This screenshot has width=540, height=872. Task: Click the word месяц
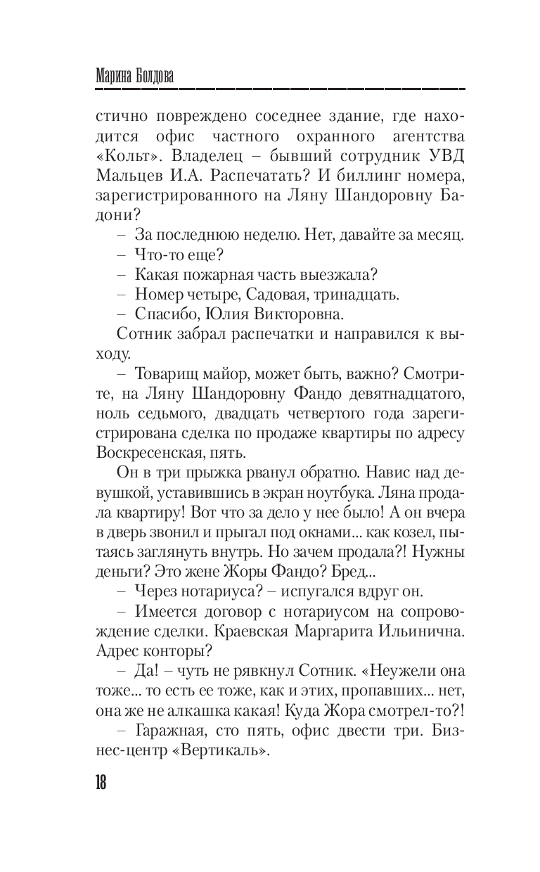click(440, 233)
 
